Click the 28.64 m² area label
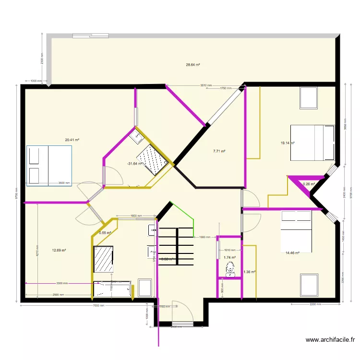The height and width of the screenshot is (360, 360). pyautogui.click(x=193, y=65)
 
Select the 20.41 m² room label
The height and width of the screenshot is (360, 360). pyautogui.click(x=72, y=140)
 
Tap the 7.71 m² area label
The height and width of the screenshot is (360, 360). pyautogui.click(x=219, y=151)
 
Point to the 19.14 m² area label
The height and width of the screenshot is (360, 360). pyautogui.click(x=288, y=143)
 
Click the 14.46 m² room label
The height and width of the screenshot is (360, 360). pyautogui.click(x=292, y=253)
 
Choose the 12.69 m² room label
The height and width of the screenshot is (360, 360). pyautogui.click(x=59, y=250)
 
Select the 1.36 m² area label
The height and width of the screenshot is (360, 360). pyautogui.click(x=250, y=272)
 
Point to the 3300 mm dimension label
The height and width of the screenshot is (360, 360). pyautogui.click(x=62, y=283)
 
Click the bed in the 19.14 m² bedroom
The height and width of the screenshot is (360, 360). pyautogui.click(x=312, y=142)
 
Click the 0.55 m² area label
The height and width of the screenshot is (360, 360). pyautogui.click(x=105, y=233)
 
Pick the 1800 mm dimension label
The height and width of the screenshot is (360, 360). pyautogui.click(x=136, y=216)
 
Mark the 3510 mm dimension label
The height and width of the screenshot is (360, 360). pyautogui.click(x=206, y=85)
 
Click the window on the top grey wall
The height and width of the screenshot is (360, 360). pyautogui.click(x=90, y=35)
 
